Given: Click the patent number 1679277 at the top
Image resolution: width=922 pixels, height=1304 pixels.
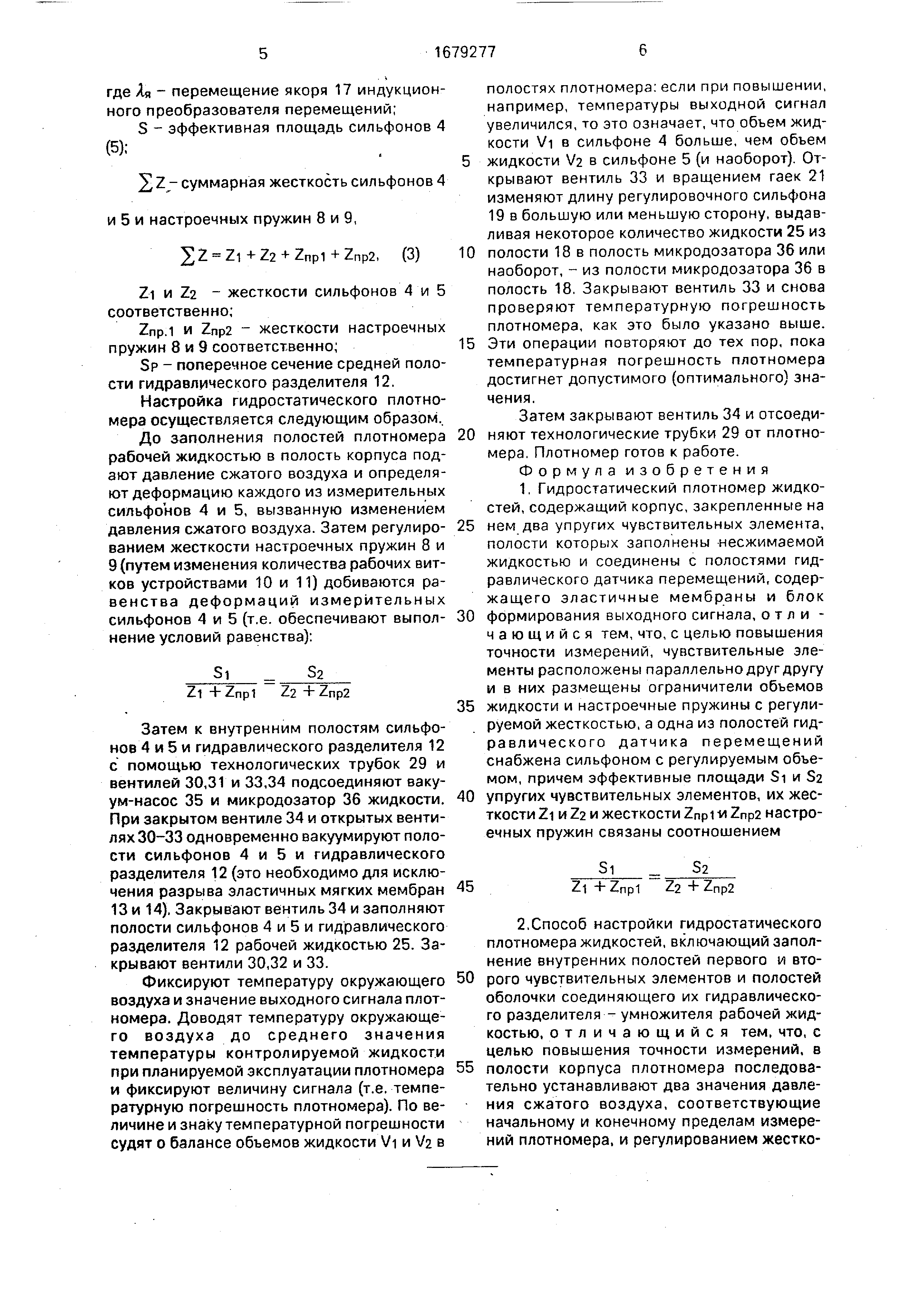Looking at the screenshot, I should coord(464,53).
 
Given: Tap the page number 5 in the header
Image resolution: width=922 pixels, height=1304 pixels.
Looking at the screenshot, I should coord(262,54).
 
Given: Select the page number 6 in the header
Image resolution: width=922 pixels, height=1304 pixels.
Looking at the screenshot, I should coord(642,51).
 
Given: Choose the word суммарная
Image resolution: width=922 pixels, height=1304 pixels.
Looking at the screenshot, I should coord(224,183).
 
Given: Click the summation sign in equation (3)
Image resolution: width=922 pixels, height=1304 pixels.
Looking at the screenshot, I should coord(186,256).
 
